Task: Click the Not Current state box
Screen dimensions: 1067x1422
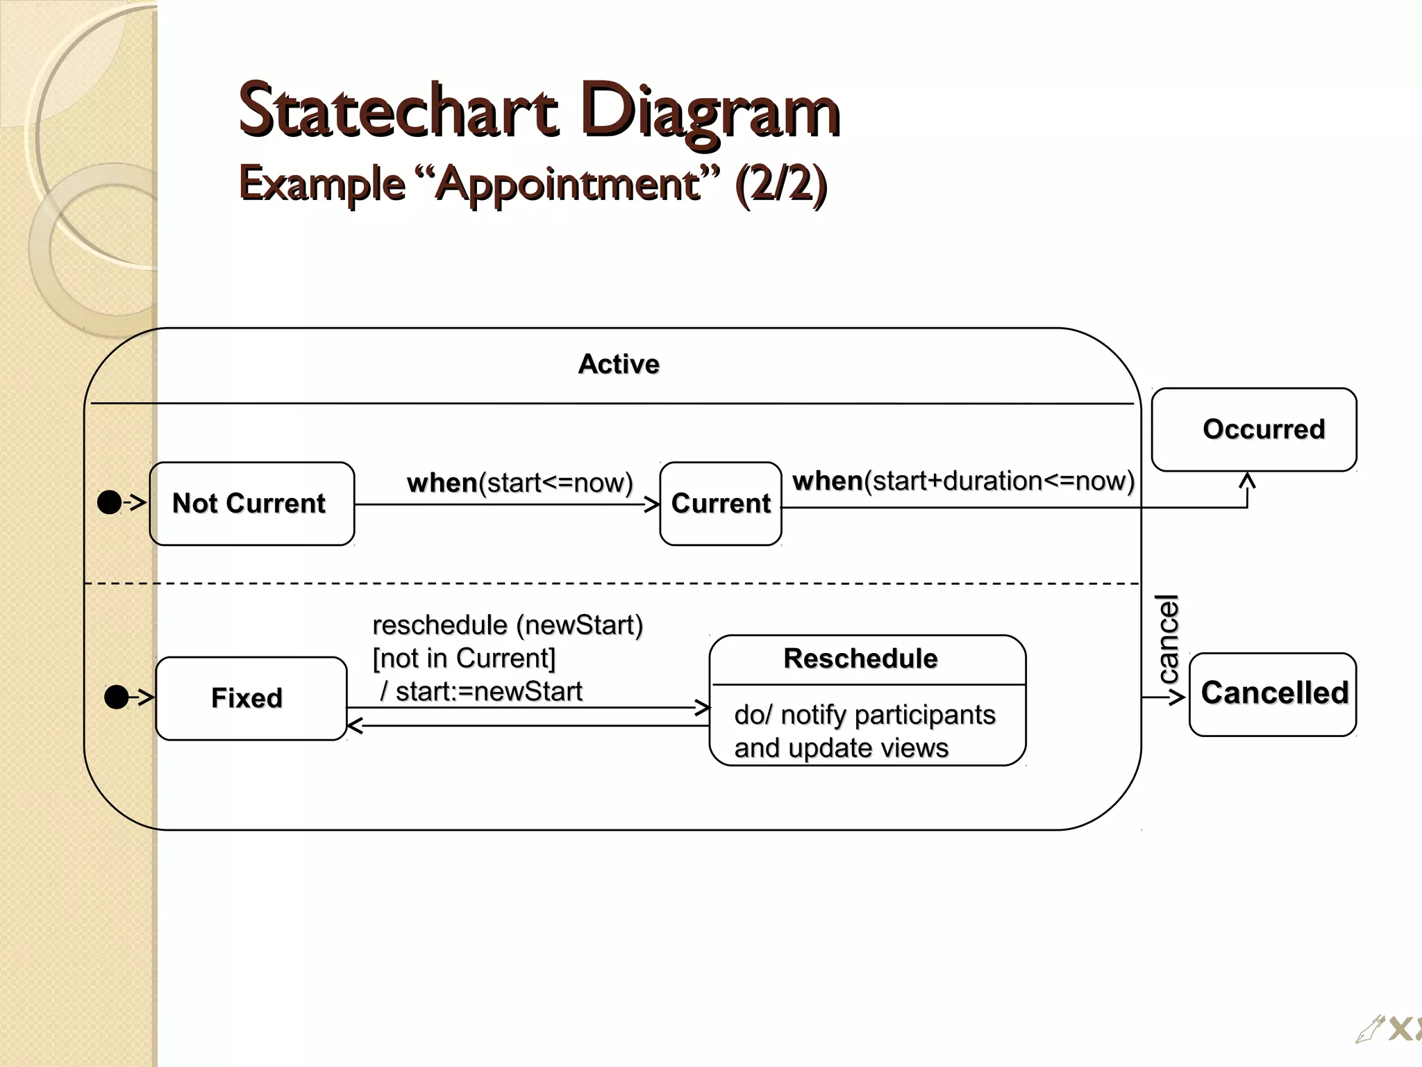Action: (251, 504)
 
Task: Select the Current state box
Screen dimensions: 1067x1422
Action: (721, 504)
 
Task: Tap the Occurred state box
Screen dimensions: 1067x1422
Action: (1254, 429)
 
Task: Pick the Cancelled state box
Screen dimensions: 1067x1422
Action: (1273, 693)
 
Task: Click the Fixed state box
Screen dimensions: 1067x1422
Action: (251, 698)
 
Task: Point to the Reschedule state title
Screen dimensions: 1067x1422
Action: (860, 659)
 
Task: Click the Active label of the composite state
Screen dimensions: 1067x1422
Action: (619, 364)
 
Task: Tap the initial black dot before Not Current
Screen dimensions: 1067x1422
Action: (109, 502)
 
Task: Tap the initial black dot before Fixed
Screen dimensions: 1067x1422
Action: (116, 697)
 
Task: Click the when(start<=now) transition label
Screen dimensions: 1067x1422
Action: (520, 483)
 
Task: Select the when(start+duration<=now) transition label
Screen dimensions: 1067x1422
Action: (963, 481)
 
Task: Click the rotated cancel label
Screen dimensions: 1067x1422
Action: (1169, 639)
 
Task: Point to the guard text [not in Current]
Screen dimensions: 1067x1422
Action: (464, 659)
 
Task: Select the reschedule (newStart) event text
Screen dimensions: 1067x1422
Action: (508, 625)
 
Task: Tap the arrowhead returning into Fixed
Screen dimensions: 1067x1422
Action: (354, 726)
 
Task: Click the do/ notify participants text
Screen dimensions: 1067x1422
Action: (864, 715)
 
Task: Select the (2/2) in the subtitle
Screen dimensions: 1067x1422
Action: (780, 184)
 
